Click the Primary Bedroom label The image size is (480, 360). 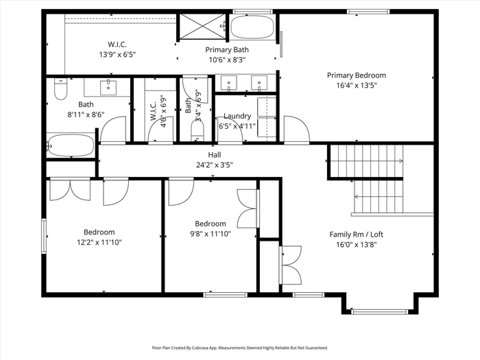[357, 75]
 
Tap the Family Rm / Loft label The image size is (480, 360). [357, 235]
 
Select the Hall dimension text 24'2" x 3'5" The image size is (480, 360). [214, 165]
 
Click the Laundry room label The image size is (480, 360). [237, 116]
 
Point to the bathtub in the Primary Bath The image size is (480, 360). [252, 27]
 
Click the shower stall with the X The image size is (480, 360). [203, 26]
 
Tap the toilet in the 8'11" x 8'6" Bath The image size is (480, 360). [60, 89]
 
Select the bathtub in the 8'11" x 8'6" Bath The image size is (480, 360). [71, 145]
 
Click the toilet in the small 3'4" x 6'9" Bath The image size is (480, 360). [197, 131]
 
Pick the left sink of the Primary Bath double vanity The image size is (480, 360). [228, 83]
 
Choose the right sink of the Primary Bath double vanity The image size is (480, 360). [259, 83]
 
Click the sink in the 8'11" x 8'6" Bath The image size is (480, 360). [108, 88]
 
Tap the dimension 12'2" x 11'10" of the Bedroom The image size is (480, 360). [99, 243]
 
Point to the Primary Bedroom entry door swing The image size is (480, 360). [297, 129]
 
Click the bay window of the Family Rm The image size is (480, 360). [380, 311]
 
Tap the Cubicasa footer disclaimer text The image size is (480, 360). [240, 348]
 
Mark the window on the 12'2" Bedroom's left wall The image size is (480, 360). [44, 236]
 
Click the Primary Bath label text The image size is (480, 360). [227, 49]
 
